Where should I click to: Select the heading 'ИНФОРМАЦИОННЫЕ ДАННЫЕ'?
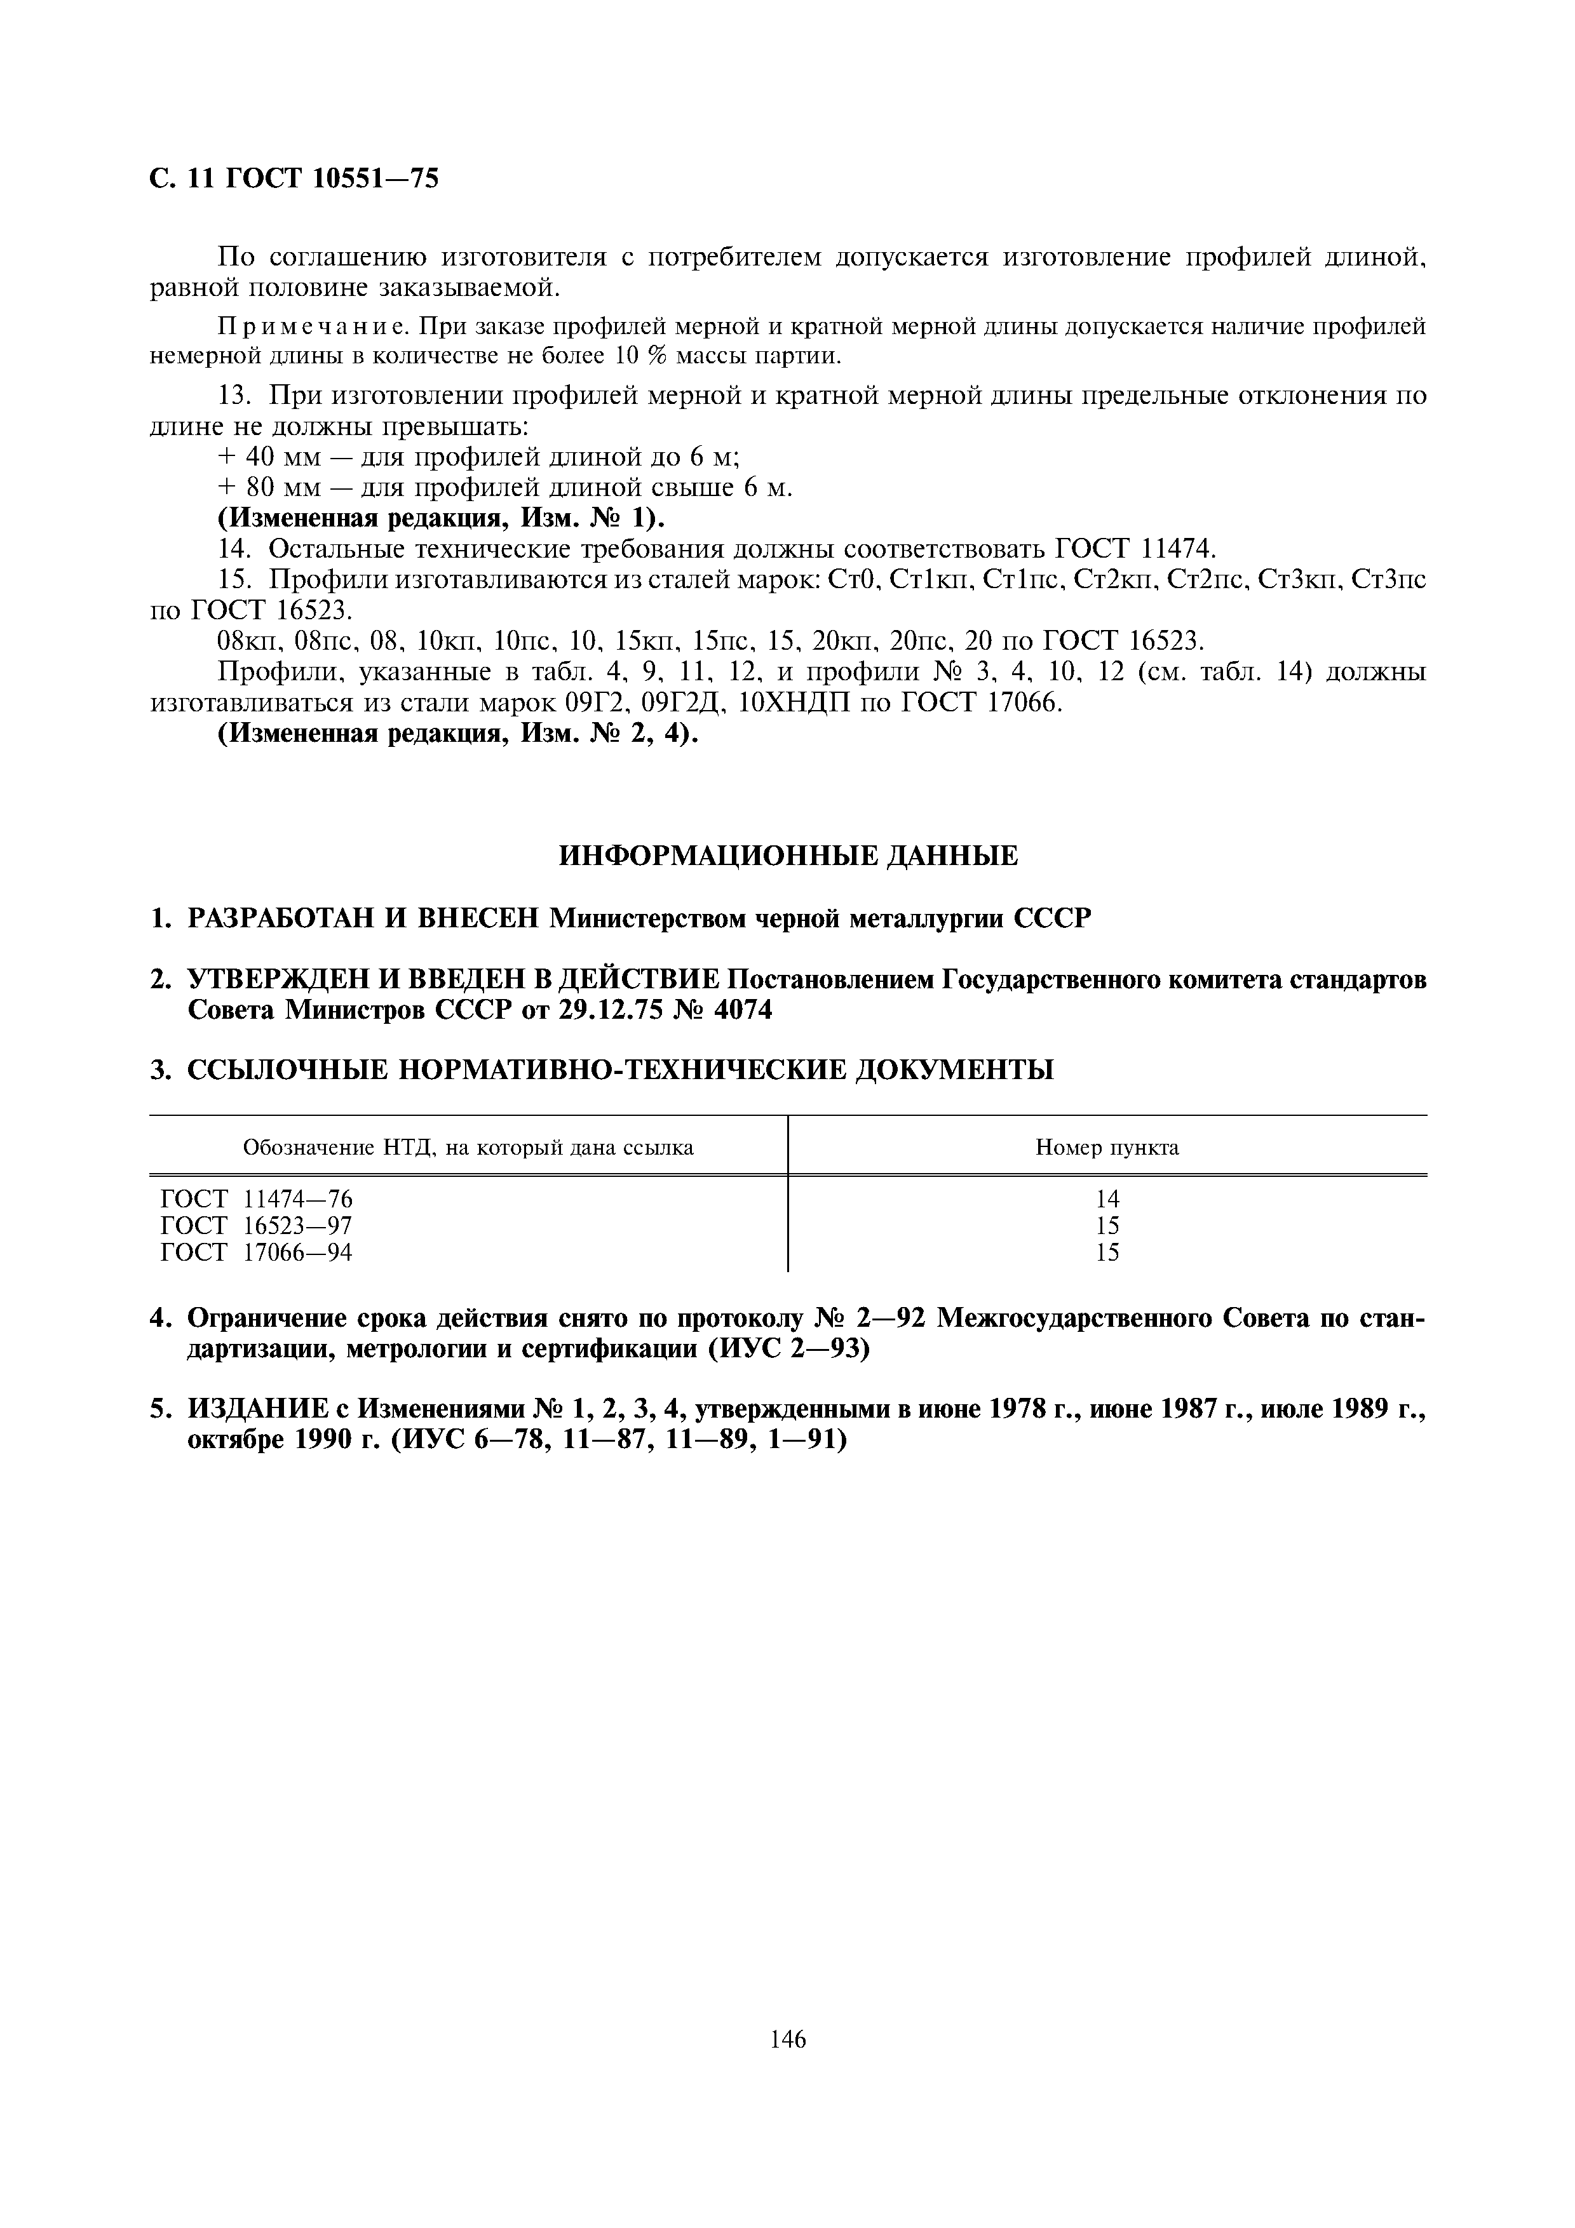point(788,856)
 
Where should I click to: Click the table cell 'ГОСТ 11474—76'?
point(256,1199)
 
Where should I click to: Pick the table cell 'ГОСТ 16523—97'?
point(256,1226)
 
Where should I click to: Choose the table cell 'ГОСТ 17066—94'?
point(256,1252)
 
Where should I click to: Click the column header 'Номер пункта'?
point(1107,1148)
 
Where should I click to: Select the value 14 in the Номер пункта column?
point(1107,1199)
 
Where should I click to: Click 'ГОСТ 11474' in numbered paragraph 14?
point(1128,549)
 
